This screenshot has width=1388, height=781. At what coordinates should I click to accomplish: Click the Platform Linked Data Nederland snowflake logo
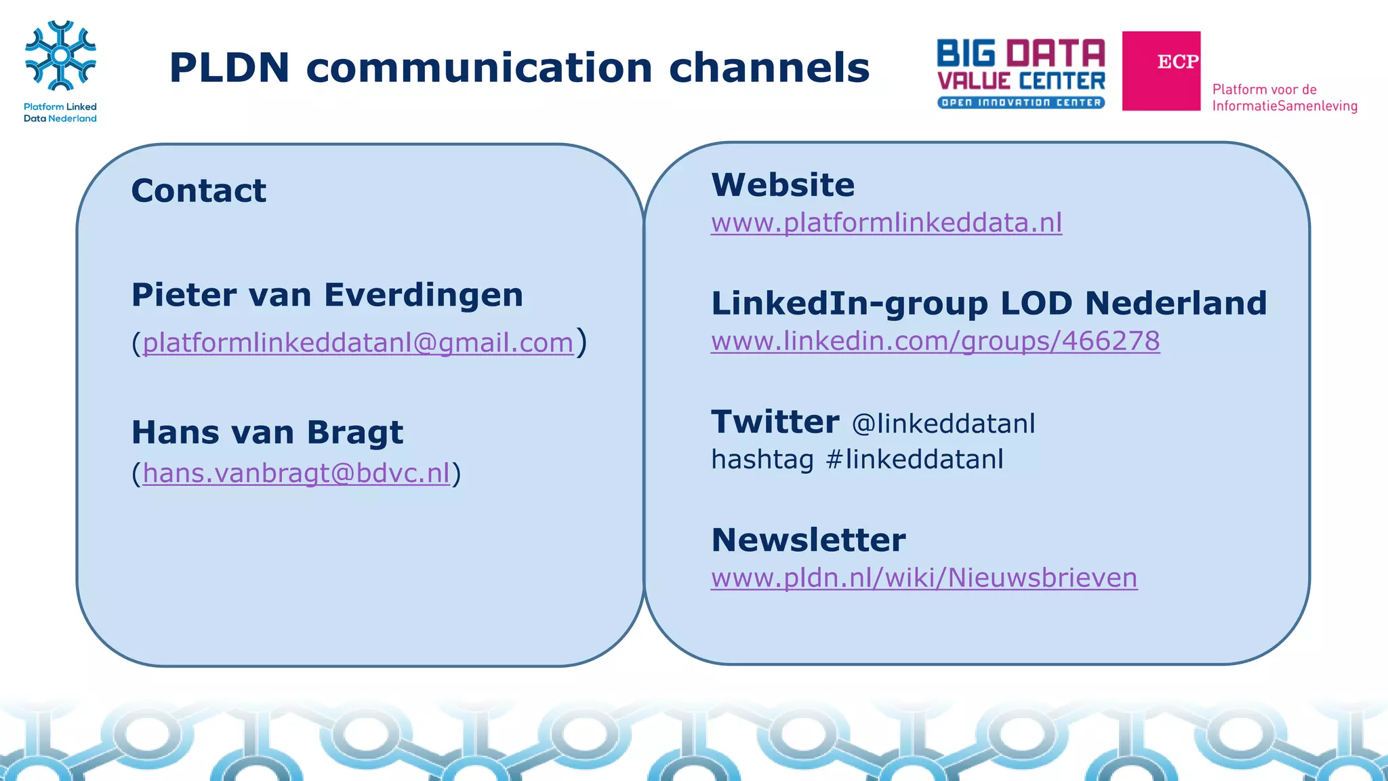click(60, 56)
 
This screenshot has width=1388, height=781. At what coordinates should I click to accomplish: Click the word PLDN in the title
click(229, 68)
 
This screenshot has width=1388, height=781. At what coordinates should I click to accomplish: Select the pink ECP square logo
click(1161, 71)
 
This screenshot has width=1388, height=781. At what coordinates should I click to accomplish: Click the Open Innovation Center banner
click(1021, 102)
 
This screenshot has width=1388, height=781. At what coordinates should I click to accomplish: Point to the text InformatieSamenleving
click(1284, 106)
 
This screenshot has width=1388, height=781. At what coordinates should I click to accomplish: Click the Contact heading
click(199, 191)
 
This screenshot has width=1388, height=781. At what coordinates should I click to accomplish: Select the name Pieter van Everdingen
click(327, 295)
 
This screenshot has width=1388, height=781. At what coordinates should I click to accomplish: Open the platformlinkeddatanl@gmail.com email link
click(358, 342)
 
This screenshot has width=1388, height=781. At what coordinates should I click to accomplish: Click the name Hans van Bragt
click(267, 433)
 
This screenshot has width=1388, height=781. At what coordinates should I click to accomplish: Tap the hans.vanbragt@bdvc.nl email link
click(296, 473)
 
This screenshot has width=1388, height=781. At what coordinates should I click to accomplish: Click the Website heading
click(783, 185)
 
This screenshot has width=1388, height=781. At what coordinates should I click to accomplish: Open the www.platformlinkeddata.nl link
click(886, 222)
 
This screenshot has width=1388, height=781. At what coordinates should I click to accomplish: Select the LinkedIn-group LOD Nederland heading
click(988, 303)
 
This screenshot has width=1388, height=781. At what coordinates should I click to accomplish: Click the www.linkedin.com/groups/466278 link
click(935, 340)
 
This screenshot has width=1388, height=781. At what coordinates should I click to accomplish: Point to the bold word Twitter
click(775, 422)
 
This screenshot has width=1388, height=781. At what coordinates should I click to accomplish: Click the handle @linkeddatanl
click(943, 424)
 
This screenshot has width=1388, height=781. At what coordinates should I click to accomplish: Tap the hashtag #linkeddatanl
click(914, 460)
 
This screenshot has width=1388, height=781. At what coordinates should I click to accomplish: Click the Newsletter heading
click(808, 540)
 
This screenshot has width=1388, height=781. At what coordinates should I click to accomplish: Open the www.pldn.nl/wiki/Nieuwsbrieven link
click(924, 578)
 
